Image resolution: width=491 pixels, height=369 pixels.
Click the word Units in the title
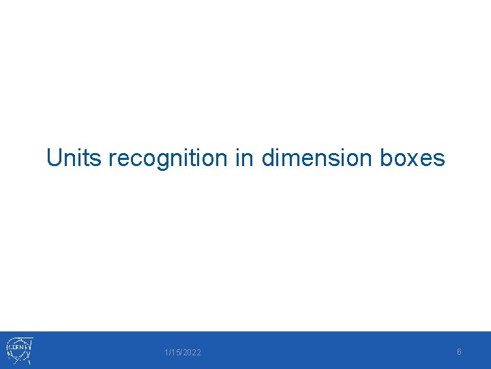point(74,158)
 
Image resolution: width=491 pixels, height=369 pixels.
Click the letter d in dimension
point(268,158)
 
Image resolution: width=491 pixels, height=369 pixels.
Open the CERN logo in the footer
point(20,350)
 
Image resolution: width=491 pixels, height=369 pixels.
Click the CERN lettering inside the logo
point(17,348)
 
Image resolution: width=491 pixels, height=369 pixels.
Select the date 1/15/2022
point(183,352)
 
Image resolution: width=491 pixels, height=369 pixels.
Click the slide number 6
point(459,351)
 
